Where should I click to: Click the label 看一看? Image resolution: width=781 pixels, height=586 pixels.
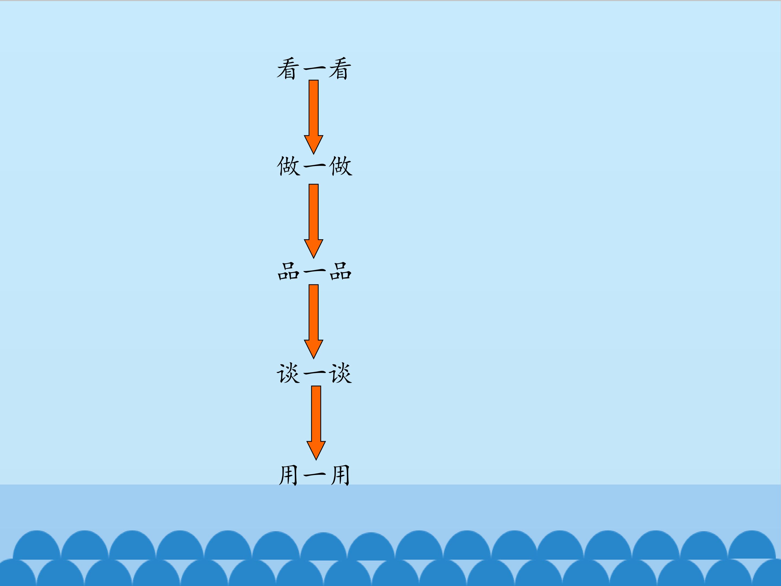point(314,69)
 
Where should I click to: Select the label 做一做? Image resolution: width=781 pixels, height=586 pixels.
point(314,166)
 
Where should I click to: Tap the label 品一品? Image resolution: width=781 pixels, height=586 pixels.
point(314,271)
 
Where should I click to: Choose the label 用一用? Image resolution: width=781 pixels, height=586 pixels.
point(314,475)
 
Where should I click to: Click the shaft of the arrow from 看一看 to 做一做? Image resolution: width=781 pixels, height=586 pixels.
point(313,108)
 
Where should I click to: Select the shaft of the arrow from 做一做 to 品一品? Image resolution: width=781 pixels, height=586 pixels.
point(313,212)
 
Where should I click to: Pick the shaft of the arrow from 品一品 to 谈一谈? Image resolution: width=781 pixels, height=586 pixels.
point(313,312)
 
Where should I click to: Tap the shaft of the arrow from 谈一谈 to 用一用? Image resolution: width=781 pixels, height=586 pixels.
point(316,414)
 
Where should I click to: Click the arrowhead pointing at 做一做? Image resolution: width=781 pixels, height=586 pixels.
point(313,144)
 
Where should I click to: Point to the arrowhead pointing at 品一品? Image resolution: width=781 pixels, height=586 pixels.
point(313,248)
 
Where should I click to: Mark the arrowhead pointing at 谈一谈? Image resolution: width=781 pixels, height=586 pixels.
point(313,349)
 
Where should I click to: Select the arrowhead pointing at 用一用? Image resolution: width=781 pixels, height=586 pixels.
point(316,450)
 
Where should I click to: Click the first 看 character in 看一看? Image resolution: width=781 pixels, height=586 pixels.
point(288,69)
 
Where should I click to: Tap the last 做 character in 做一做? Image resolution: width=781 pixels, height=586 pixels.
point(340,166)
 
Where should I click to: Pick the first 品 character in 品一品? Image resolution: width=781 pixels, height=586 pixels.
point(289,271)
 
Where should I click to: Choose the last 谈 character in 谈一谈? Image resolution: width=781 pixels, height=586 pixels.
point(340,373)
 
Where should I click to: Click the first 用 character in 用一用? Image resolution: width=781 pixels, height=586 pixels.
point(289,475)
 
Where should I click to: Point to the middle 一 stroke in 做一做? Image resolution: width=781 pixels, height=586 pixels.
point(314,165)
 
